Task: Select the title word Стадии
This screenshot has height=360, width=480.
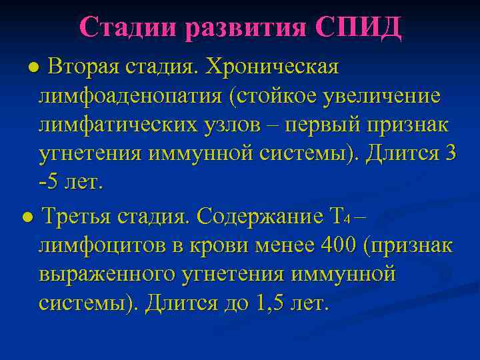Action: coord(131,27)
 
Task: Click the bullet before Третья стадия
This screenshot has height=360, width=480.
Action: coord(25,218)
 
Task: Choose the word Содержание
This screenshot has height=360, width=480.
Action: coord(259,217)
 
